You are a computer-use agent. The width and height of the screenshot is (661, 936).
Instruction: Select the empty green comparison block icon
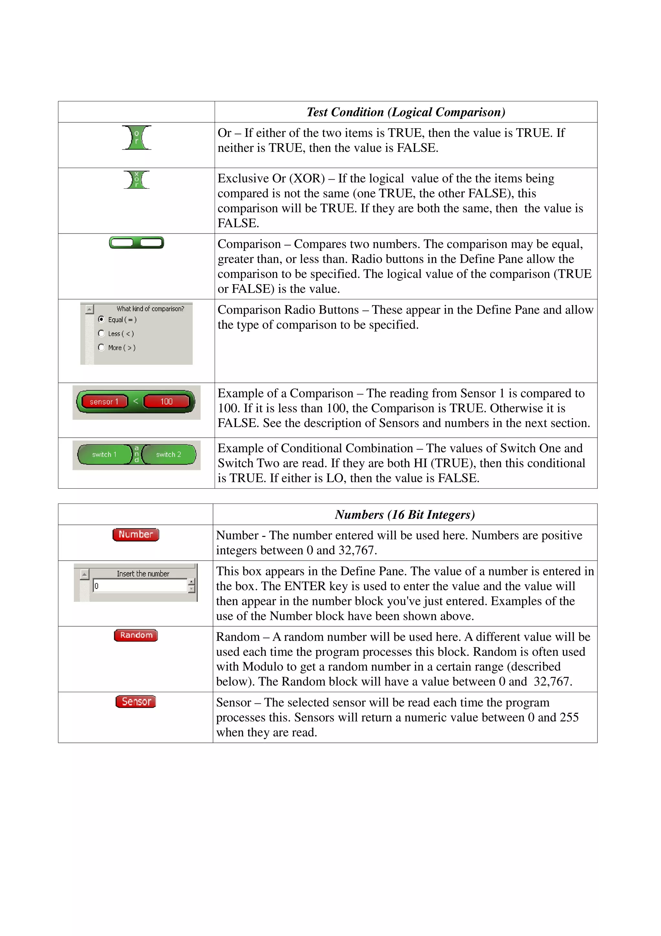click(x=137, y=243)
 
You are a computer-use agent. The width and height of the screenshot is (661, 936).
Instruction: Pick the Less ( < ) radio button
click(x=101, y=333)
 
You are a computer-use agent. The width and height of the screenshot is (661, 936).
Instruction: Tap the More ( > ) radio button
click(x=101, y=347)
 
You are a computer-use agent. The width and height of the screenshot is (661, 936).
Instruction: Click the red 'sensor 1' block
click(x=104, y=401)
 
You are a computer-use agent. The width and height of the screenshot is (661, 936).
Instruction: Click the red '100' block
click(x=166, y=401)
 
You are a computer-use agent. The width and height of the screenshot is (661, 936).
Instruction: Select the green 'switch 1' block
click(x=104, y=454)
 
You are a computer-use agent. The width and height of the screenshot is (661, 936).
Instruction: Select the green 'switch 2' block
click(x=168, y=454)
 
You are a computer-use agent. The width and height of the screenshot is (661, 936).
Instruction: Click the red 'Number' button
click(x=136, y=535)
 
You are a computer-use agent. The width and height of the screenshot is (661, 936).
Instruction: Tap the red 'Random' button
click(x=136, y=635)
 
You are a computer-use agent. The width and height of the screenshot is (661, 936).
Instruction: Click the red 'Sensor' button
click(x=136, y=702)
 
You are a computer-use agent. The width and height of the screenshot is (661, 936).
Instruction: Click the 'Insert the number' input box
click(x=140, y=586)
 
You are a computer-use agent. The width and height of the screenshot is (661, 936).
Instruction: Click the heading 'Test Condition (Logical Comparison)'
click(x=406, y=112)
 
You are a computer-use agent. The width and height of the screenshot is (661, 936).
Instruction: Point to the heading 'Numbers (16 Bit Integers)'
click(x=405, y=515)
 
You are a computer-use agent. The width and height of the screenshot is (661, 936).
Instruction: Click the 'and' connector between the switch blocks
click(x=137, y=454)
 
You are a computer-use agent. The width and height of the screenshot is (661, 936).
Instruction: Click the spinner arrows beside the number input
click(x=191, y=586)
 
